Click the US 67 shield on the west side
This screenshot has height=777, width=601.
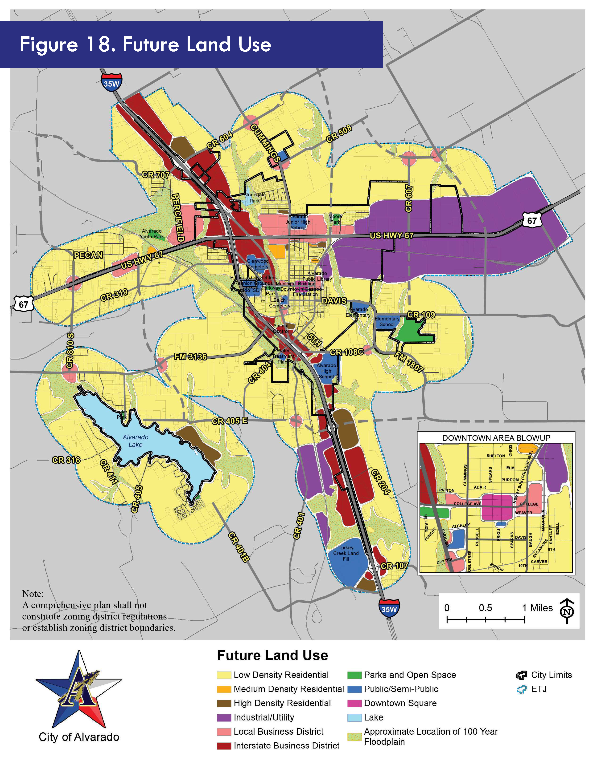pos(24,304)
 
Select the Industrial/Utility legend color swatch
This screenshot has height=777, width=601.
pos(224,717)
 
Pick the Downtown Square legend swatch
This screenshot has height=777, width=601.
pos(354,703)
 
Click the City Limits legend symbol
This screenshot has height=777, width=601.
pos(521,675)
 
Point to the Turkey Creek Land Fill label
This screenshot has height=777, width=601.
pos(346,553)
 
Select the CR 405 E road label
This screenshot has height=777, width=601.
pos(230,421)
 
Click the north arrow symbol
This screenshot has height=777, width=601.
pos(567,611)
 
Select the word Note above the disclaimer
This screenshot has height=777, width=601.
pos(33,594)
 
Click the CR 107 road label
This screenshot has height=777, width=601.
pos(395,566)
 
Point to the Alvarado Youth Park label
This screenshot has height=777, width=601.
pos(152,234)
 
